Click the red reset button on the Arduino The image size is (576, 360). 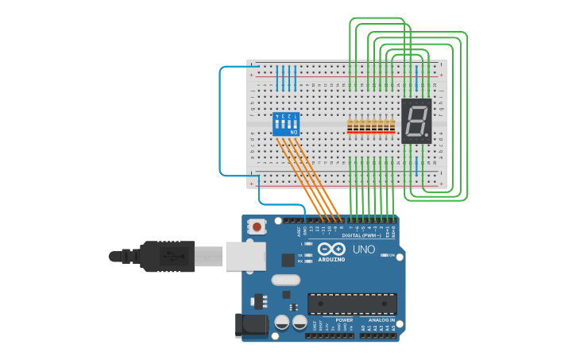(257, 226)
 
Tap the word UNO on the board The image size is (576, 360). (364, 250)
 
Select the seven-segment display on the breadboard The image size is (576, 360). (416, 121)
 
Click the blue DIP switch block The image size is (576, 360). (286, 124)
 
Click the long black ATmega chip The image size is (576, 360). (352, 304)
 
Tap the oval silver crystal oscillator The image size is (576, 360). (286, 280)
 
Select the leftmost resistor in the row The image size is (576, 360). (351, 125)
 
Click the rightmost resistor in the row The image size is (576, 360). (391, 125)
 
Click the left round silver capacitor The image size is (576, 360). (282, 322)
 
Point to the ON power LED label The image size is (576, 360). (392, 255)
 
